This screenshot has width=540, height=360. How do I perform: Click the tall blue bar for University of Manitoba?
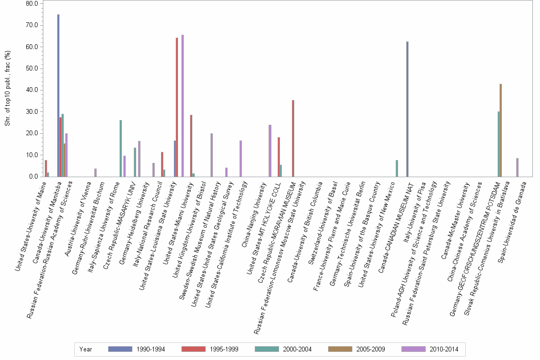coord(58,95)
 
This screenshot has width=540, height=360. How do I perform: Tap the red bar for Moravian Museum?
coord(293,138)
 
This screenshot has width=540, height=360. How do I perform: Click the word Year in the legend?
coord(86,350)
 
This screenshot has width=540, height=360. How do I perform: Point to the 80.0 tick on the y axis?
coord(32,3)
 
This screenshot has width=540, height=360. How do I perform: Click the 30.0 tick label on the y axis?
coord(32,111)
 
